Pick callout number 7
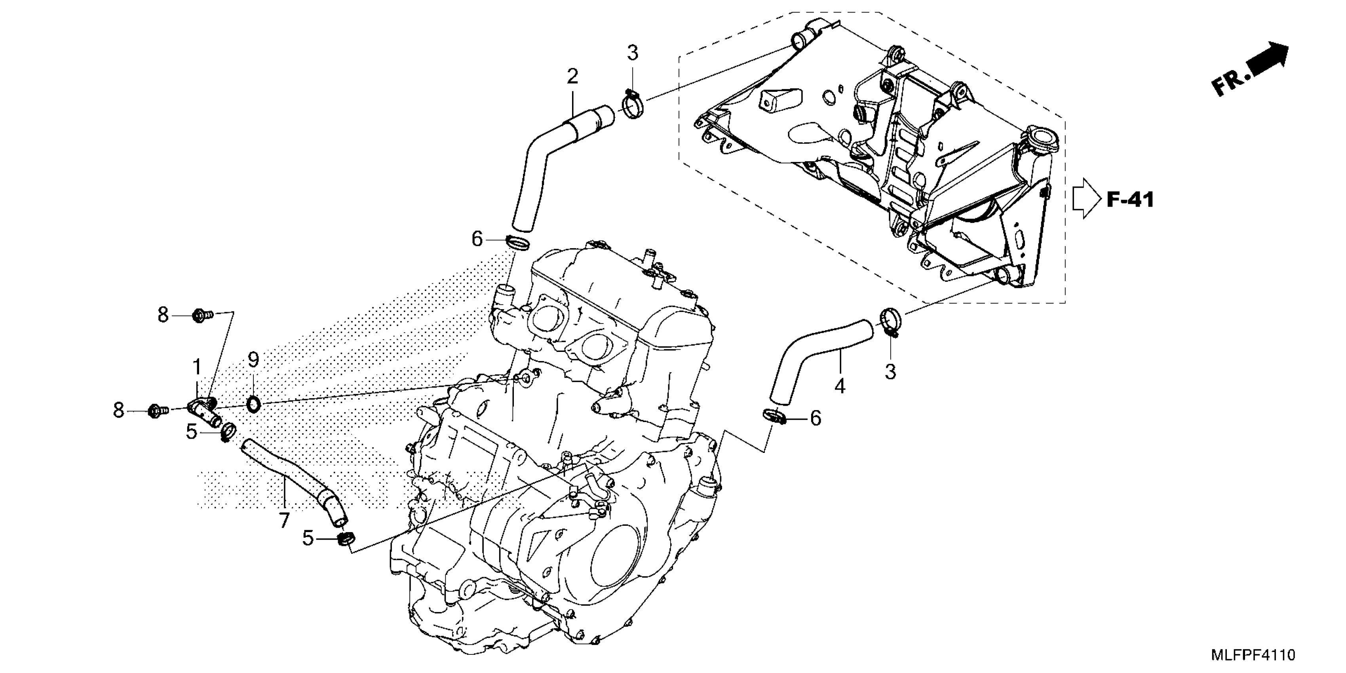pos(284,521)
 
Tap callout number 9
pos(253,359)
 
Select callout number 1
pos(197,367)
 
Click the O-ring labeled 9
pos(253,403)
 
